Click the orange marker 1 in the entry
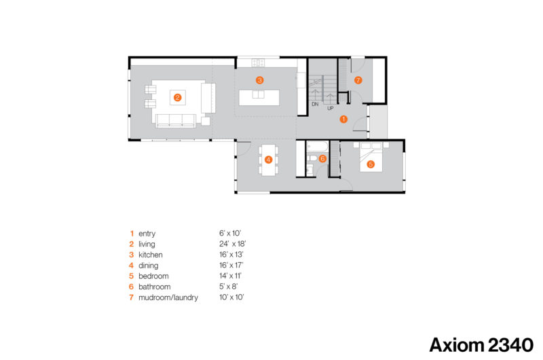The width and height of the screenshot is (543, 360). (343, 119)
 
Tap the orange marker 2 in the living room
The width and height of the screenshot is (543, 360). (177, 98)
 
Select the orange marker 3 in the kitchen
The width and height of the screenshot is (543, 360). (259, 80)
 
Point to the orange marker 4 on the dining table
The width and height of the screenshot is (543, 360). (268, 160)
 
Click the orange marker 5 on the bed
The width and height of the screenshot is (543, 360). (371, 164)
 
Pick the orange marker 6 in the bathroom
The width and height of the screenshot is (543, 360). (322, 159)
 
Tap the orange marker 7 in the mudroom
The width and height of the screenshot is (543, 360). (358, 80)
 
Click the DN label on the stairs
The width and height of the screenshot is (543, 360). (315, 104)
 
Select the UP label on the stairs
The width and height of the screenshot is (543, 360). (331, 108)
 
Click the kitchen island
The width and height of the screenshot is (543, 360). (259, 98)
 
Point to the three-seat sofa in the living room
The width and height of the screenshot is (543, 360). (175, 120)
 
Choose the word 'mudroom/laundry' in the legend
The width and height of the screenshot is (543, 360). (168, 298)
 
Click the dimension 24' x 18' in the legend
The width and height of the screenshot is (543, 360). (232, 244)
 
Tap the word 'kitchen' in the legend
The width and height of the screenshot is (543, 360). (150, 255)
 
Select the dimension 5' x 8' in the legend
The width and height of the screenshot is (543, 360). (228, 287)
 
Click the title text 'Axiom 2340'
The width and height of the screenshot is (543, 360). (481, 345)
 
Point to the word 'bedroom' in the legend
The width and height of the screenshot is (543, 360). (153, 276)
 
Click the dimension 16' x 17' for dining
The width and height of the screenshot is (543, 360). (231, 266)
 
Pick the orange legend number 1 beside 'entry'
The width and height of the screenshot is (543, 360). (132, 234)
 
